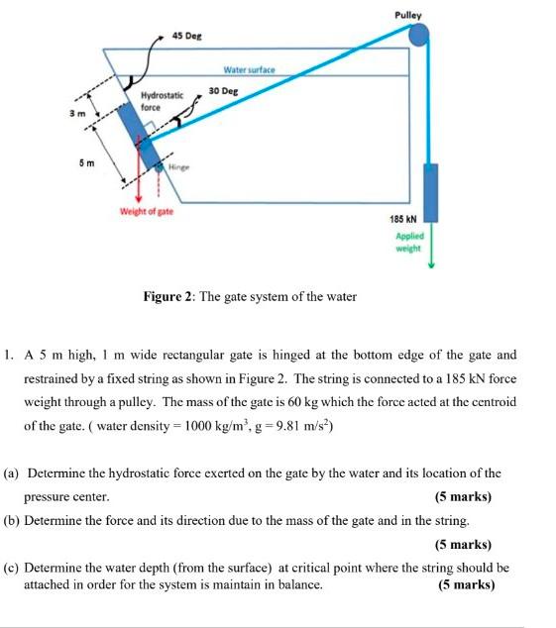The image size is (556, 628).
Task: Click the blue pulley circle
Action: (x=420, y=36)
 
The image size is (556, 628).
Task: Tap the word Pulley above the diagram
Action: (x=407, y=15)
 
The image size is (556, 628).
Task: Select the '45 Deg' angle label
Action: (x=186, y=36)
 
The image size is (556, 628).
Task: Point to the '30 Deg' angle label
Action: (x=224, y=90)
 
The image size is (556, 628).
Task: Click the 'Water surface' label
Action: (x=249, y=70)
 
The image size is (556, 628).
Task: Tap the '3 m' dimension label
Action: (x=73, y=116)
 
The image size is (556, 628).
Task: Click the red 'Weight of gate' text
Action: (x=147, y=212)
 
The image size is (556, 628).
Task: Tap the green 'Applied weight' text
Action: (x=408, y=243)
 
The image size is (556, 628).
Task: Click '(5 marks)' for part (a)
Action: (x=463, y=496)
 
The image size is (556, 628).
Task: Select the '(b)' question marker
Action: (x=13, y=520)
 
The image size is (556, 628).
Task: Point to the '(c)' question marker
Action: (x=13, y=569)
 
